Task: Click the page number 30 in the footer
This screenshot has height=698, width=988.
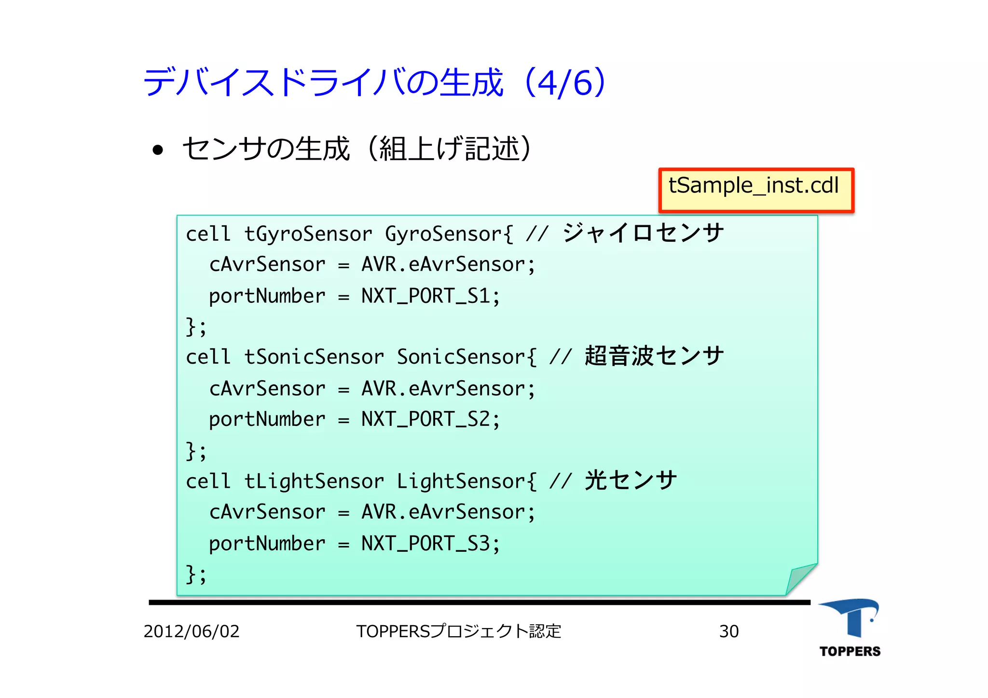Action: coord(728,631)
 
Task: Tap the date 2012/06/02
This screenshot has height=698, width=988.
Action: coord(192,631)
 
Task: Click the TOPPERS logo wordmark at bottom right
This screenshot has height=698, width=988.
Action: coord(850,651)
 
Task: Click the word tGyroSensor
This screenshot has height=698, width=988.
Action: coord(308,234)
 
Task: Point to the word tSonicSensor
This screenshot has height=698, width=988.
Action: coord(314,357)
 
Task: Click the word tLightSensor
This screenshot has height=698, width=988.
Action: coord(314,481)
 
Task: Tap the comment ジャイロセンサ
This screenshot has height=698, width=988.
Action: coord(643,233)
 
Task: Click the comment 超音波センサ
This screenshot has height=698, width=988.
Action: coord(654,356)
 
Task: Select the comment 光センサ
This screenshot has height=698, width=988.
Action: coord(631,480)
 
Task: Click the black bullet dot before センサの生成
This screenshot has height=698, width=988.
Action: coord(158,150)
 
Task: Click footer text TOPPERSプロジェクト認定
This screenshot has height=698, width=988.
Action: coord(458,631)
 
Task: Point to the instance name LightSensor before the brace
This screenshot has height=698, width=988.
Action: coord(461,481)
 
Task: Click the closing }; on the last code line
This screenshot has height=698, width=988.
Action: coord(196,575)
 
